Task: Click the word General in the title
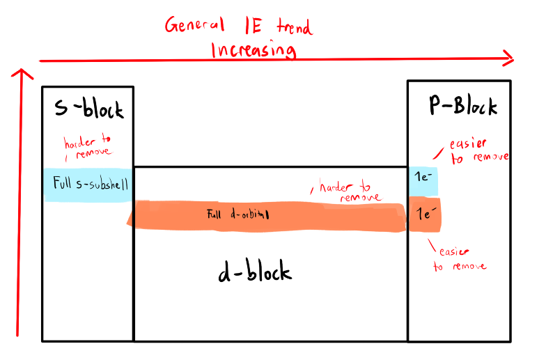[194, 26]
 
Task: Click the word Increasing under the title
[253, 50]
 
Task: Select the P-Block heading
[462, 107]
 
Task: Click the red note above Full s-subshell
[87, 148]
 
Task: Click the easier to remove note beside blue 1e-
[478, 151]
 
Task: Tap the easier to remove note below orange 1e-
[460, 259]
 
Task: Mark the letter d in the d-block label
[226, 272]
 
